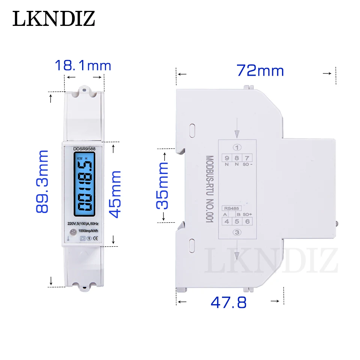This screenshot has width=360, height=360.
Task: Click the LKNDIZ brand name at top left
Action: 54,18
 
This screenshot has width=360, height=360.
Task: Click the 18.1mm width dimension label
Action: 83,66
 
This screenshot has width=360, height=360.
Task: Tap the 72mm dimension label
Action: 260,70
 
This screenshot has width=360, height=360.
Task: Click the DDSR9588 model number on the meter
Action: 84,149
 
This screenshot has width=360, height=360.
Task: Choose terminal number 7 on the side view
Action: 247,158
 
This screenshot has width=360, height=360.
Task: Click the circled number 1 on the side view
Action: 237,147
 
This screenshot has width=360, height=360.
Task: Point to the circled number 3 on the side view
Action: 237,232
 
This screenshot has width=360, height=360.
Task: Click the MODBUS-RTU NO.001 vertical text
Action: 209,190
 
